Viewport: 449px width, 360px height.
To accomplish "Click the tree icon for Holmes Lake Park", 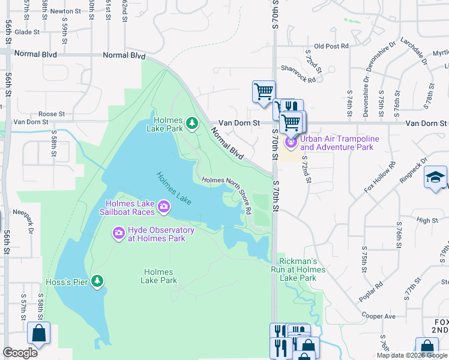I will tap(192, 123).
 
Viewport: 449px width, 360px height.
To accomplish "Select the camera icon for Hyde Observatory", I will tap(118, 232).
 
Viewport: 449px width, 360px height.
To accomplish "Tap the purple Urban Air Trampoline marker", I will tap(291, 142).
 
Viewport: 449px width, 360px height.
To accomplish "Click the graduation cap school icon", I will tap(435, 178).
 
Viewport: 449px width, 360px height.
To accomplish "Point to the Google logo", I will tap(20, 353).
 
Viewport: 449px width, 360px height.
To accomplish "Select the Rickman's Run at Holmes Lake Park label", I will tap(302, 270).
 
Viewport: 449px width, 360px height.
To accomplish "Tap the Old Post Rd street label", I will tap(331, 46).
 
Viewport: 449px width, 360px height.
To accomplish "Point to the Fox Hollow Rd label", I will tap(380, 177).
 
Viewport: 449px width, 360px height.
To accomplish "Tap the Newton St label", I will tap(65, 11).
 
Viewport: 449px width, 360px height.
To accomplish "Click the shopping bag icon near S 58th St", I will tap(38, 334).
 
